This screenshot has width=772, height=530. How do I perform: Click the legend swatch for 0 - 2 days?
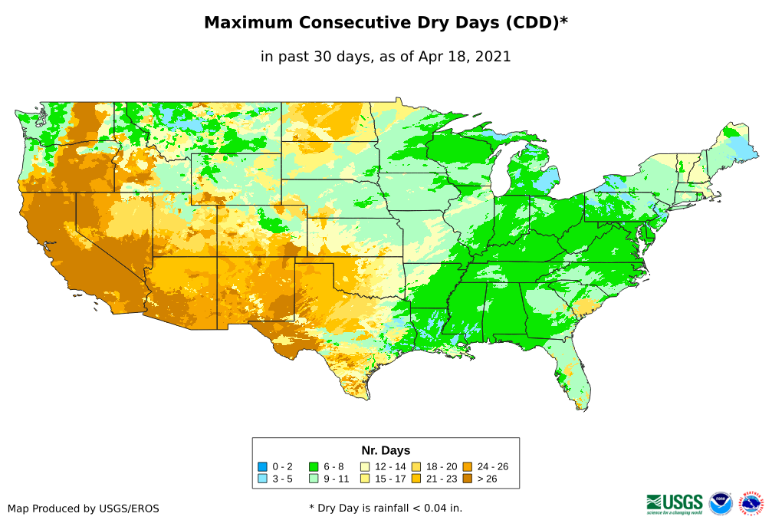(x=263, y=466)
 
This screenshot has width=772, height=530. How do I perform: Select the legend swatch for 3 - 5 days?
(x=263, y=479)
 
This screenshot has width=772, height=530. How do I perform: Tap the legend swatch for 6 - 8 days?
(x=314, y=466)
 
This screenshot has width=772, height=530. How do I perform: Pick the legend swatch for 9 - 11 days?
(x=314, y=479)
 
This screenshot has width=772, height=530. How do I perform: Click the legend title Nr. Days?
(x=386, y=450)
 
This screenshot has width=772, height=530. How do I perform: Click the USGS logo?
(x=675, y=503)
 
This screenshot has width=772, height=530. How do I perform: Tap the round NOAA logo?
(x=721, y=504)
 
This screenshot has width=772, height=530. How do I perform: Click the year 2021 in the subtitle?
(x=493, y=57)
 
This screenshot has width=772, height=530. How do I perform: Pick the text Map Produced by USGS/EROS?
(x=84, y=508)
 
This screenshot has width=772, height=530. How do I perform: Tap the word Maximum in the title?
(x=249, y=23)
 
